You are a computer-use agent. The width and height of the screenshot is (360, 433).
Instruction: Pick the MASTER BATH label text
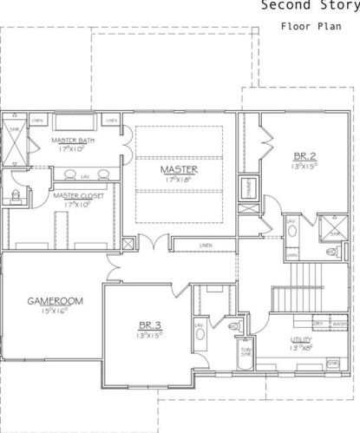click(73, 140)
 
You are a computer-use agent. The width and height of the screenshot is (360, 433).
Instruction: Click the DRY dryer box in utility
click(317, 324)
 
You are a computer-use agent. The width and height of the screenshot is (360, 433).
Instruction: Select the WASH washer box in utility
click(338, 324)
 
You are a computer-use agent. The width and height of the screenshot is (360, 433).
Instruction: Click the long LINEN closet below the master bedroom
click(205, 246)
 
